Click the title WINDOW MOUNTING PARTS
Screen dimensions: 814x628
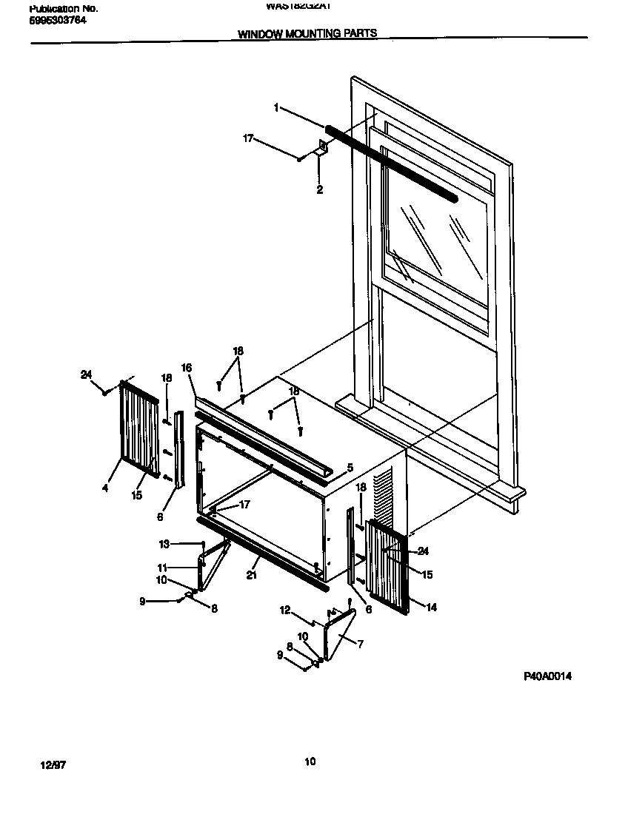coord(307,33)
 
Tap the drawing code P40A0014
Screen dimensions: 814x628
coord(547,676)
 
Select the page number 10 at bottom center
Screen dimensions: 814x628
coord(310,761)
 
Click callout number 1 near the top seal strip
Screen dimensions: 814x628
coord(276,108)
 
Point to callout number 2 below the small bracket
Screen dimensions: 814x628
coord(320,189)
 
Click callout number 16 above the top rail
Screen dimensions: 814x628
coord(187,368)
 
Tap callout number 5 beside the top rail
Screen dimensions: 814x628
coord(350,468)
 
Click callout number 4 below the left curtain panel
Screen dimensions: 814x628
coord(105,489)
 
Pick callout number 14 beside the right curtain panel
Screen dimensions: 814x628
coord(432,607)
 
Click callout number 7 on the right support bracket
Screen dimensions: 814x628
coord(360,645)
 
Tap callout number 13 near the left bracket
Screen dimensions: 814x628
coord(164,544)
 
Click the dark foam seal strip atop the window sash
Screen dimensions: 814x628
coord(392,164)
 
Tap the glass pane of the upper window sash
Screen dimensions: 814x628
coord(437,237)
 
